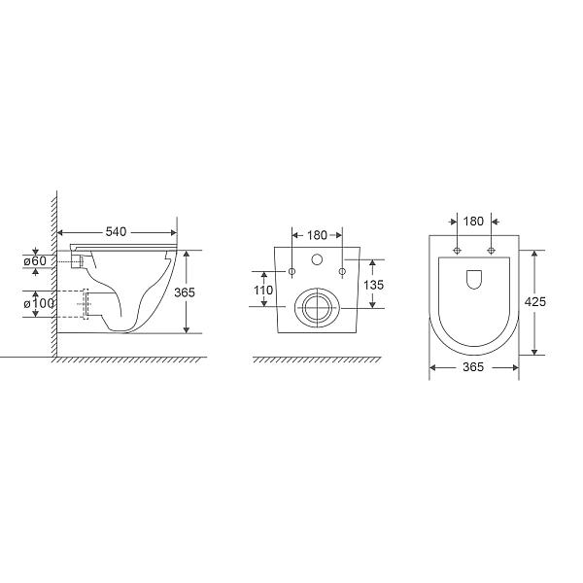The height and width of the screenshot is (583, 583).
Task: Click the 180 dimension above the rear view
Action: [x=317, y=234]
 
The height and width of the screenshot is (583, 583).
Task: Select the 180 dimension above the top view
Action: [x=473, y=221]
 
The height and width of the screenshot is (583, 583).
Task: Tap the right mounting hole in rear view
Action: [x=342, y=271]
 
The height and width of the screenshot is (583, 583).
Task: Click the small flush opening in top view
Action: [x=474, y=279]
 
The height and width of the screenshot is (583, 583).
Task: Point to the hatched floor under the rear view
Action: [x=317, y=361]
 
